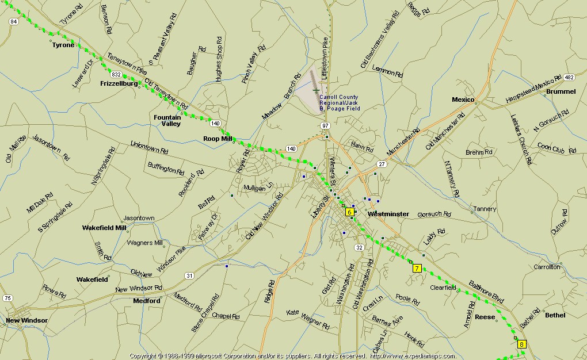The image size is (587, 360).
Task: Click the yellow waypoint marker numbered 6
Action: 349,212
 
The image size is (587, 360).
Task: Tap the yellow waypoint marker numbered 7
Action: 417,267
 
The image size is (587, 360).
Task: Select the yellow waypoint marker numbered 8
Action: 521,344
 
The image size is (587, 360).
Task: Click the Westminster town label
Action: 388,214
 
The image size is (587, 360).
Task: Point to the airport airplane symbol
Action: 315,90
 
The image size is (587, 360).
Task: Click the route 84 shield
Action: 14,21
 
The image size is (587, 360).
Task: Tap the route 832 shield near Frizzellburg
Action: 117,75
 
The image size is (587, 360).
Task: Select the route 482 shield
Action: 569,77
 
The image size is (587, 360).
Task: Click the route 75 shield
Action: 7,298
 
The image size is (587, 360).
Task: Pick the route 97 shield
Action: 325,125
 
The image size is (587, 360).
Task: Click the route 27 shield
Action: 382,164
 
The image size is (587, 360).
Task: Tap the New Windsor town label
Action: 26,320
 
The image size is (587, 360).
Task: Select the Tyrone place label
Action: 63,45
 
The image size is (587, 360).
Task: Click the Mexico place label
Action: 463,99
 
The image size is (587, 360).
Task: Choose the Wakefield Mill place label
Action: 104,227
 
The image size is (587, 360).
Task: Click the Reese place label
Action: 485,317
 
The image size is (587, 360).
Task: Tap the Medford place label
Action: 147,301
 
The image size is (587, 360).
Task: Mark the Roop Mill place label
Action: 217,139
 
